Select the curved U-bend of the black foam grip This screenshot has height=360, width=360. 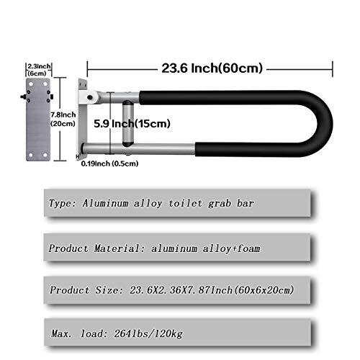pos(320,123)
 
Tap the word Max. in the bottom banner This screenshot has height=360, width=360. pos(60,333)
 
